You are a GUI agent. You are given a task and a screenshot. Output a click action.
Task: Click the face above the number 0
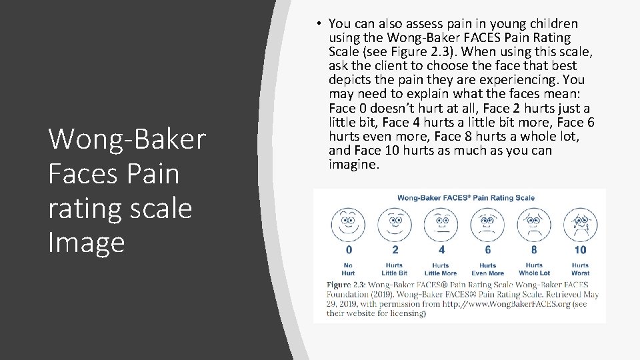348,223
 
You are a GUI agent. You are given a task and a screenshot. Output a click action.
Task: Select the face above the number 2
395,223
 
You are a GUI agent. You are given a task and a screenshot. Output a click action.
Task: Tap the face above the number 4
441,223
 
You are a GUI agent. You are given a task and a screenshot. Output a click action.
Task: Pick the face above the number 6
488,223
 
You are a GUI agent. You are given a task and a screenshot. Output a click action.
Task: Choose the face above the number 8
534,223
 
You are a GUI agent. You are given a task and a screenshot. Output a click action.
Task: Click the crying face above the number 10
580,223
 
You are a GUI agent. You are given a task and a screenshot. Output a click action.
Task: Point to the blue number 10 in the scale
580,250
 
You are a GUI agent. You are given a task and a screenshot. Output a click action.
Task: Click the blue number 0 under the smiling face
348,250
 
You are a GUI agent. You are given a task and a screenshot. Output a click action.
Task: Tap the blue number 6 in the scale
488,250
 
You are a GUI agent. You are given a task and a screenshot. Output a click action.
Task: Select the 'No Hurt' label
348,269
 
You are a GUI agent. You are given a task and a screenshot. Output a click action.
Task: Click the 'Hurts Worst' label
580,269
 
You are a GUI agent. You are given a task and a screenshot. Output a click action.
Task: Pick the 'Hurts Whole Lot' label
534,269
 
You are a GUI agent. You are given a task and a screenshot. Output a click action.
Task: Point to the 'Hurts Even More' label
488,269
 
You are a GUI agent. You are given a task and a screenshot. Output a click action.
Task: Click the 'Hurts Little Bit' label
395,269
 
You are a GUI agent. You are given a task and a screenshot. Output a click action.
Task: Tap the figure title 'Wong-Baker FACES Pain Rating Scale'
466,197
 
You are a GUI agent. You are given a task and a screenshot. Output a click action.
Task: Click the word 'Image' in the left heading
86,241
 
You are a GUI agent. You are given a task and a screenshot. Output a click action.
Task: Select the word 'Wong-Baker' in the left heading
127,139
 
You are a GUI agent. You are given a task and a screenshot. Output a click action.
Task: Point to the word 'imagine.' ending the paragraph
354,164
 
